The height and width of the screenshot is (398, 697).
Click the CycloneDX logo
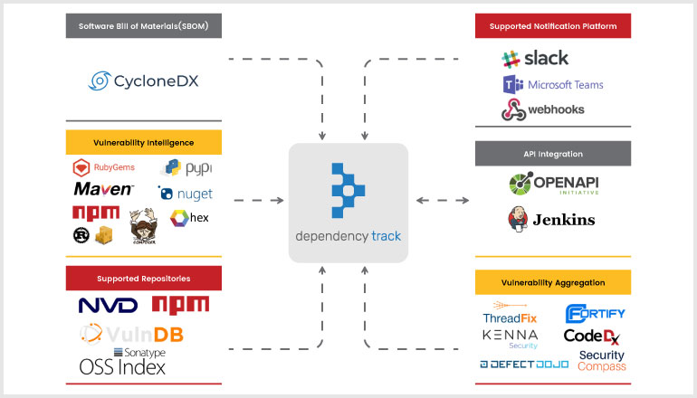pyautogui.click(x=143, y=81)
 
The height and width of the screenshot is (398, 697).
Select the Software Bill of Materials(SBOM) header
pyautogui.click(x=143, y=26)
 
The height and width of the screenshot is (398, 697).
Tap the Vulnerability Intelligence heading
pyautogui.click(x=143, y=142)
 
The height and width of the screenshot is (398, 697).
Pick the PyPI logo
pyautogui.click(x=186, y=167)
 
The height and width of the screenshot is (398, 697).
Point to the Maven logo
pyautogui.click(x=103, y=190)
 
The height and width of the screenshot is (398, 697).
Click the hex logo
pyautogui.click(x=189, y=218)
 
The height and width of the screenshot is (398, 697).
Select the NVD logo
pyautogui.click(x=108, y=306)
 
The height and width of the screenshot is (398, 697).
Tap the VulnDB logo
pyautogui.click(x=131, y=334)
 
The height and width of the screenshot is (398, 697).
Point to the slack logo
pyautogui.click(x=535, y=58)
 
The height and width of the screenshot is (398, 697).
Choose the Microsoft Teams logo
pyautogui.click(x=552, y=85)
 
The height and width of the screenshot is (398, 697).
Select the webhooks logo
pyautogui.click(x=543, y=110)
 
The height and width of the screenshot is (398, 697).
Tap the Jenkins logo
pyautogui.click(x=552, y=219)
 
